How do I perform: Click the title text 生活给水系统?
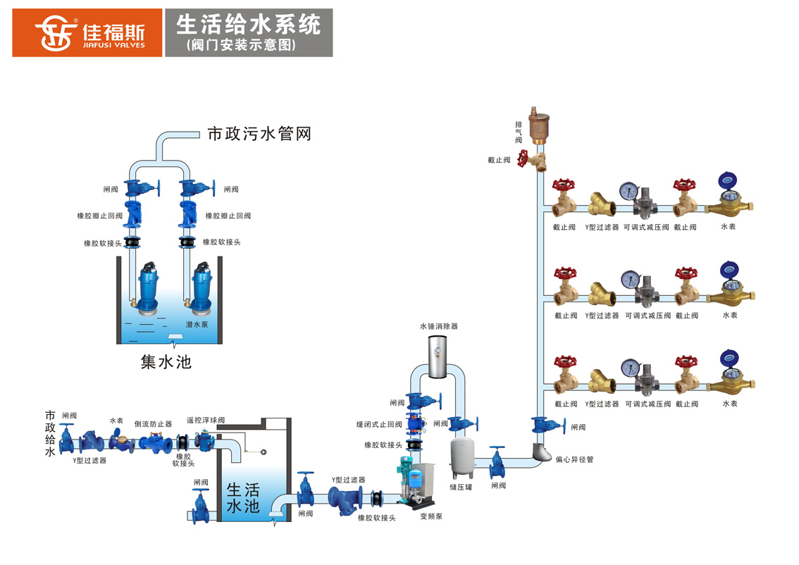pyautogui.click(x=248, y=25)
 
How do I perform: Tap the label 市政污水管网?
pyautogui.click(x=259, y=134)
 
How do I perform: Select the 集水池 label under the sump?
pyautogui.click(x=166, y=362)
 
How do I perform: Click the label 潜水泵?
pyautogui.click(x=197, y=325)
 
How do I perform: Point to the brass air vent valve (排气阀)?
pyautogui.click(x=539, y=127)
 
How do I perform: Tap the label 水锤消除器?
pyautogui.click(x=438, y=327)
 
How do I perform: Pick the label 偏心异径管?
pyautogui.click(x=575, y=459)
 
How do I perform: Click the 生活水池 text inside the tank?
pyautogui.click(x=243, y=498)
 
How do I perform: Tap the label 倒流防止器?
pyautogui.click(x=153, y=424)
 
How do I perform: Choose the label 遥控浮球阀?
pyautogui.click(x=205, y=420)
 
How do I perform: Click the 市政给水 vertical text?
pyautogui.click(x=50, y=433)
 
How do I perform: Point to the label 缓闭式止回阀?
pyautogui.click(x=379, y=425)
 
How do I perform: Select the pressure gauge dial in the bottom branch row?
pyautogui.click(x=628, y=368)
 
